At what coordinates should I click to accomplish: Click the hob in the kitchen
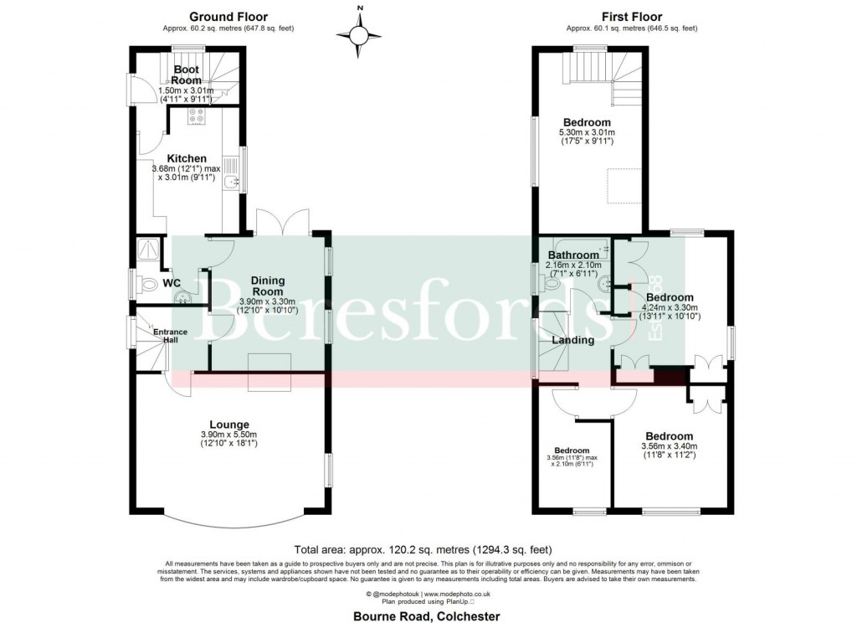pos(198,116)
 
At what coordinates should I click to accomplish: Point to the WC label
pos(172,284)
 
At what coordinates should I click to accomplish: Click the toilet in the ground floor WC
pos(149,286)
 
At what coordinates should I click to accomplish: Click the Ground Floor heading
pos(228,16)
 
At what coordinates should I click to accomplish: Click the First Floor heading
pos(632,16)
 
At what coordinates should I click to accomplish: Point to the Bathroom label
pos(574,255)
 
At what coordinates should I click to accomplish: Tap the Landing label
pos(573,340)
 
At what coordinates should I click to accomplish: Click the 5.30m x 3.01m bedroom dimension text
pos(587,132)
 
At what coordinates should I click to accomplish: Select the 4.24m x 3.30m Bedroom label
pos(670,297)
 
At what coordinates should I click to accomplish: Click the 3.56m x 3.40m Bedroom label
pos(670,436)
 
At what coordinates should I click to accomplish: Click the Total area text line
pos(429,550)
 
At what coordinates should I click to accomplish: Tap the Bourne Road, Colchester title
pos(428,616)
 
